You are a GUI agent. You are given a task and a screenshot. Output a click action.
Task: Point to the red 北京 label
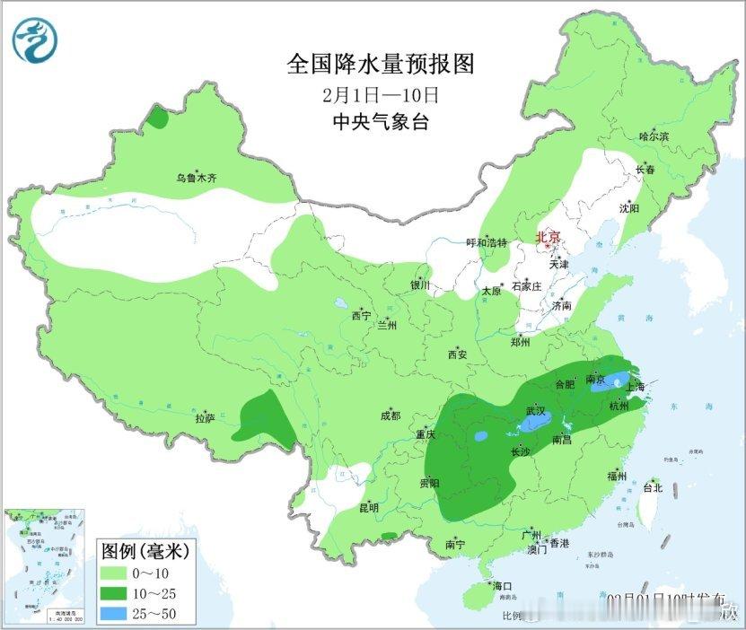point(548,238)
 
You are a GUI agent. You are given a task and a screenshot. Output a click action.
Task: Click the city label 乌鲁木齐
point(196,179)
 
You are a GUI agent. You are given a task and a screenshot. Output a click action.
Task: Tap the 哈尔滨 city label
point(654,136)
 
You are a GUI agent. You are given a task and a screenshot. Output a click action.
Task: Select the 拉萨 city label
point(205,418)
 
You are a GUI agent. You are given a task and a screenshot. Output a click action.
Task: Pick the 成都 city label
point(391,416)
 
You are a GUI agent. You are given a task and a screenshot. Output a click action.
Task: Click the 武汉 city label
point(536,410)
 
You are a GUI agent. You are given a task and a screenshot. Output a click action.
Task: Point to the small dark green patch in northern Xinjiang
point(158,118)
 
